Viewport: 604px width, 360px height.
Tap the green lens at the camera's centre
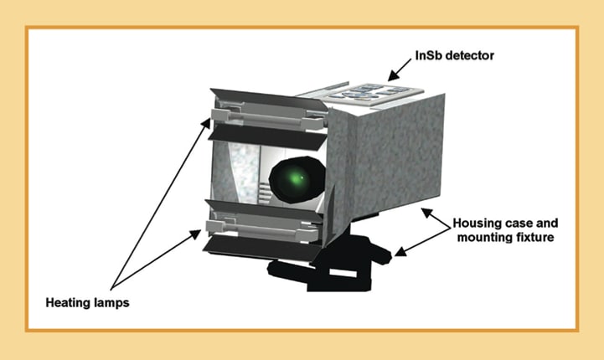click(296, 177)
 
